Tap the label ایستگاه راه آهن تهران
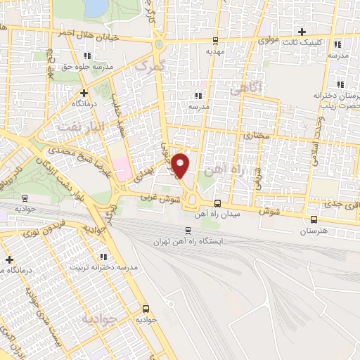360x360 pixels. tap(188, 242)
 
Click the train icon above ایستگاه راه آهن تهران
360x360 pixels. tap(188, 230)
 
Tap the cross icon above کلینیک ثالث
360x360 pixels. tap(302, 32)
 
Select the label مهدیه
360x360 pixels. tap(215, 51)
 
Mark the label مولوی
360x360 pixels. tap(269, 41)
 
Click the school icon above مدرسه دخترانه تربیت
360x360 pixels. tap(103, 257)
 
